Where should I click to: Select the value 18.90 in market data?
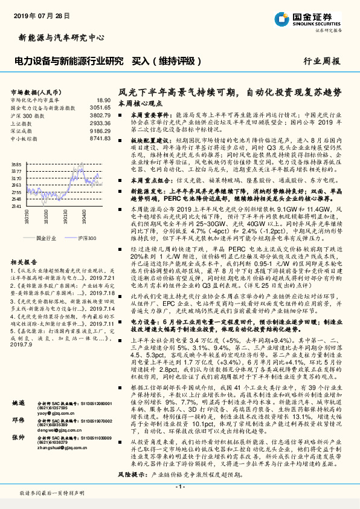click(103, 100)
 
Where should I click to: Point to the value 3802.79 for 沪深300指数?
click(100, 114)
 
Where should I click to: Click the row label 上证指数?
click(24, 122)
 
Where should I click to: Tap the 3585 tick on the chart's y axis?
click(16, 164)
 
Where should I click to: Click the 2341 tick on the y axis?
click(16, 206)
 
